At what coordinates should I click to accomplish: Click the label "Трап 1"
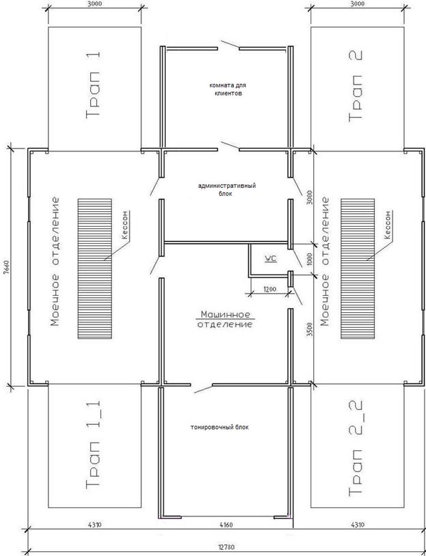tap(94, 85)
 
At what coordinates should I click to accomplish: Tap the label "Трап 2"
tap(356, 86)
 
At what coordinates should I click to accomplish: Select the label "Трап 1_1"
tap(94, 445)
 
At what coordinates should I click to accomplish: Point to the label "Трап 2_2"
tap(356, 447)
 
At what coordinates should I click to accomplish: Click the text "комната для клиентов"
tap(228, 89)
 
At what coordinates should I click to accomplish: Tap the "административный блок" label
tap(227, 190)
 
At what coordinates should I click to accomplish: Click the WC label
tap(270, 259)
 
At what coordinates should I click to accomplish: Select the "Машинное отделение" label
tap(226, 319)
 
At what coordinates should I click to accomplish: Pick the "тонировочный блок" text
tap(220, 428)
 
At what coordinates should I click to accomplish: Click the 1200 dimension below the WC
tap(268, 290)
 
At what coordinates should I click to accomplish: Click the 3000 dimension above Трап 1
tap(94, 4)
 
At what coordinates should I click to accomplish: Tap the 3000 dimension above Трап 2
tap(357, 4)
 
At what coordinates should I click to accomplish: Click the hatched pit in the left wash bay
tap(95, 268)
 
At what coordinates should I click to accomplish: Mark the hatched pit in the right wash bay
tap(358, 268)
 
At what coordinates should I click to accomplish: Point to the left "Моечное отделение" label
tap(55, 262)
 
